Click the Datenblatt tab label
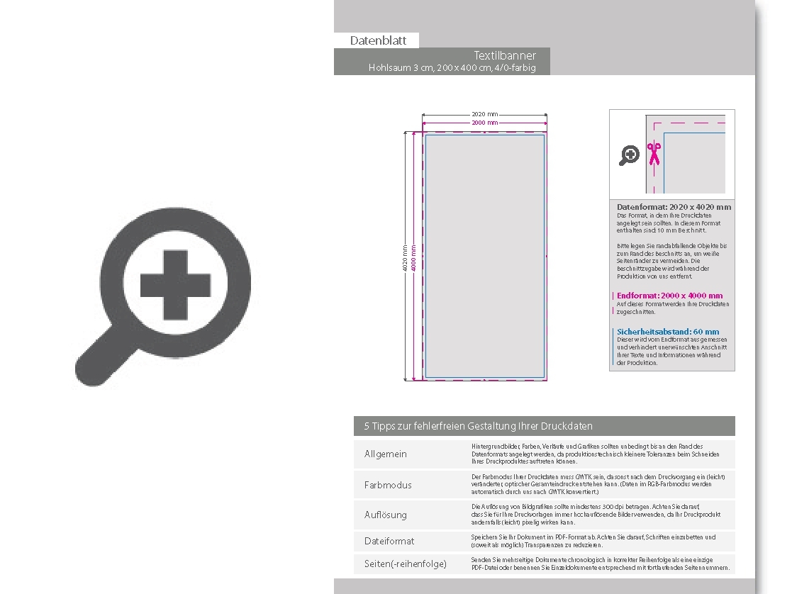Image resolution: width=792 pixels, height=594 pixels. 378,40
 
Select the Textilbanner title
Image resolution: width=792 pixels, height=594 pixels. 505,55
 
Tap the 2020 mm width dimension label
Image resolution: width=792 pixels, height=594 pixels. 484,114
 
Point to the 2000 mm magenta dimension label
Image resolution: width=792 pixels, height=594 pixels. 484,123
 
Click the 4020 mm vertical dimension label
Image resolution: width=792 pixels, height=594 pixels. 405,258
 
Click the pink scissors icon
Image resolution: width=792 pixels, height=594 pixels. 654,154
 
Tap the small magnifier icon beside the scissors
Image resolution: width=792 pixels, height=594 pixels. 629,155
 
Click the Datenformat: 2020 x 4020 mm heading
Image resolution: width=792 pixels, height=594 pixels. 674,207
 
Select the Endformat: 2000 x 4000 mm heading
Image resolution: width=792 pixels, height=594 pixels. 669,296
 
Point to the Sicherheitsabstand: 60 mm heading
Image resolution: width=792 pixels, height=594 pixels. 667,331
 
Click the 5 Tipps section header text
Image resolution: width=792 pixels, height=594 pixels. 478,426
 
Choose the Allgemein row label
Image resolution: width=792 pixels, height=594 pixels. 386,454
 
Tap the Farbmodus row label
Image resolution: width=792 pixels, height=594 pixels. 388,485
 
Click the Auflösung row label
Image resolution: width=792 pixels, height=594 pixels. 386,515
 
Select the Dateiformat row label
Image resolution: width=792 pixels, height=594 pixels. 389,541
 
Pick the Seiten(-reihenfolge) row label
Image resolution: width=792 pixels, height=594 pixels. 406,564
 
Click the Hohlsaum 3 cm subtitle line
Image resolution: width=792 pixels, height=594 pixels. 452,68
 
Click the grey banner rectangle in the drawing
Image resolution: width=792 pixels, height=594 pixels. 484,255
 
